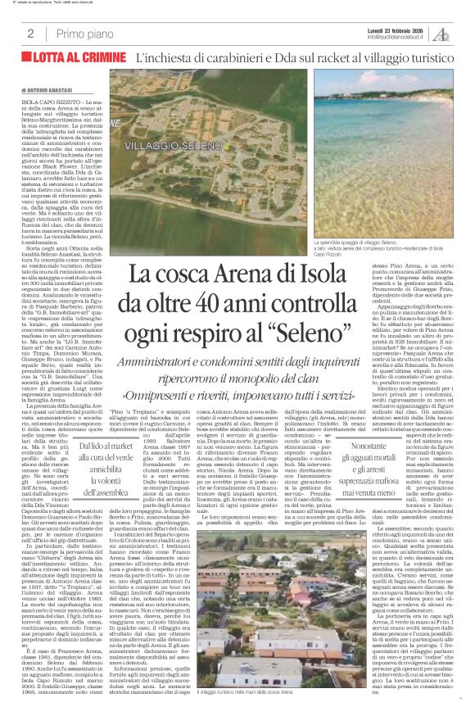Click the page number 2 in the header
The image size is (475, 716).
[30, 34]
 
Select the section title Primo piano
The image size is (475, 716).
[84, 34]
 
